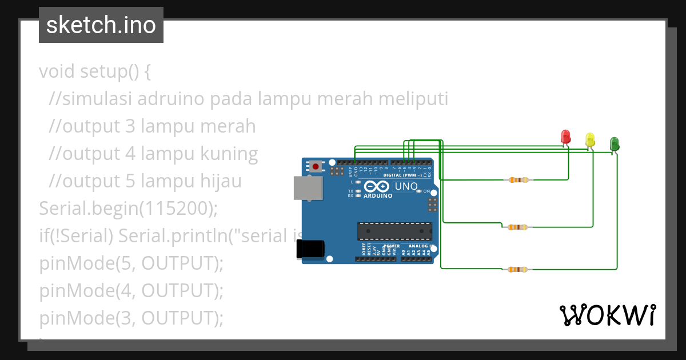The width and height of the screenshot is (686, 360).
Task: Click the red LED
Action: pos(565,137)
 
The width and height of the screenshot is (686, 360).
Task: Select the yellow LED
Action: pos(590,140)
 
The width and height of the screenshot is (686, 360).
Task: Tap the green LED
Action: pos(615,144)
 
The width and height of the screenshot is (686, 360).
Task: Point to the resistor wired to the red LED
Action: pos(518,180)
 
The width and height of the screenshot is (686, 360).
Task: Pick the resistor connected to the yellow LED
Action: pos(518,227)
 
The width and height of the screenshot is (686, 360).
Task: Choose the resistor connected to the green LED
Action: pos(518,269)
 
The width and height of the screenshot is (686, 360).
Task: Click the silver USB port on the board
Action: pos(308,188)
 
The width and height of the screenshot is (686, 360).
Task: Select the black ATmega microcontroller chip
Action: pos(394,230)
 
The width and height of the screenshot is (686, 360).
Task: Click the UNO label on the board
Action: pos(406,186)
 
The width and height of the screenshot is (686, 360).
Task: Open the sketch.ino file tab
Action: pos(101,25)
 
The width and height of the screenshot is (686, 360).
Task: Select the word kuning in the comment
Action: pos(228,154)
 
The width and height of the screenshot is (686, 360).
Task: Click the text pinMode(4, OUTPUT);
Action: pos(131,291)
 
